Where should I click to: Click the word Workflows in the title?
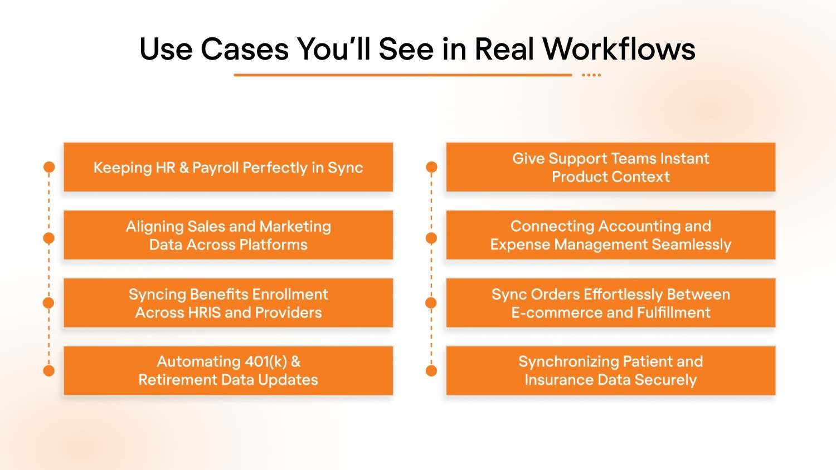click(619, 49)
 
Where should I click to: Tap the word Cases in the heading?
click(245, 49)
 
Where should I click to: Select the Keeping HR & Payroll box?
click(228, 167)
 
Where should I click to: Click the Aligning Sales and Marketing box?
click(228, 235)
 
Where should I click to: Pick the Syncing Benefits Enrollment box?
click(228, 303)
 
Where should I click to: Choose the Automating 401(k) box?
click(228, 371)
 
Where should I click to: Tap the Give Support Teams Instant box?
click(610, 167)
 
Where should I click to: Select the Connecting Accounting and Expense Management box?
click(610, 235)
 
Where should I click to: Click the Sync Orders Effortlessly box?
click(610, 303)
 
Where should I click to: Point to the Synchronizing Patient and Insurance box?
click(610, 371)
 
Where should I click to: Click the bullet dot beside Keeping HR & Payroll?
click(49, 167)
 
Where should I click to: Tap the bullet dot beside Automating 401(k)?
click(49, 371)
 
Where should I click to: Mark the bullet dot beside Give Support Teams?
click(431, 167)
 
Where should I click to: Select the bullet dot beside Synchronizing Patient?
click(431, 371)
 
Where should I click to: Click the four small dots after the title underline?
click(591, 75)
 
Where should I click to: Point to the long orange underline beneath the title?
click(402, 75)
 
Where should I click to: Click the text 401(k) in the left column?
click(266, 362)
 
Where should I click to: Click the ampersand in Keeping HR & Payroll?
click(184, 168)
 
